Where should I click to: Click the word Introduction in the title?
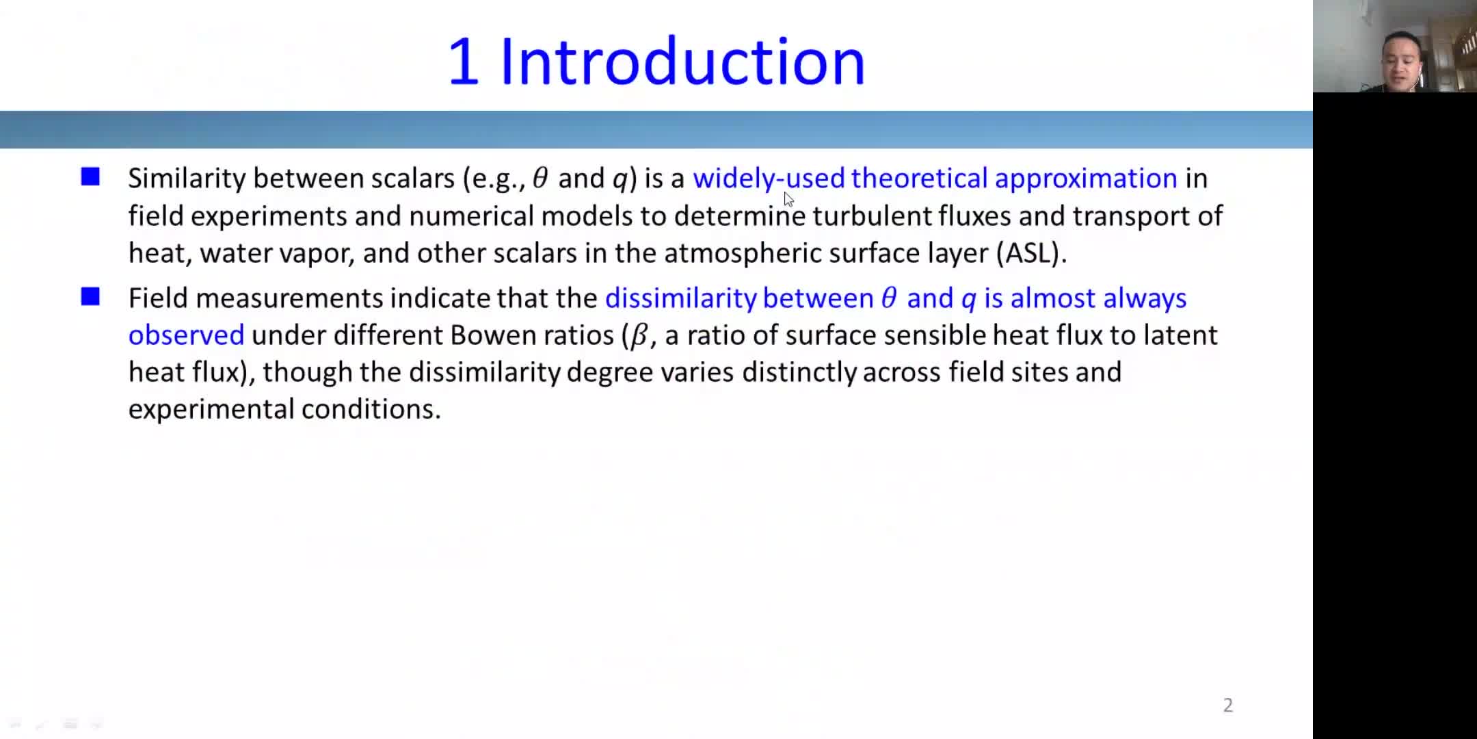(x=682, y=62)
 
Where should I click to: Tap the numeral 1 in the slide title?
(x=463, y=62)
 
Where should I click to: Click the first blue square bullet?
(x=90, y=177)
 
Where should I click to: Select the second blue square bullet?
(x=90, y=296)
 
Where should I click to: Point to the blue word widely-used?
(x=769, y=179)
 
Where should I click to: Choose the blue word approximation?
(x=1086, y=179)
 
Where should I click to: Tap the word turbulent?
(x=872, y=216)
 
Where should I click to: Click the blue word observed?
(x=186, y=335)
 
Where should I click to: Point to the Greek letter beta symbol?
(x=639, y=336)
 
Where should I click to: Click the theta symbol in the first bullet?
(x=540, y=178)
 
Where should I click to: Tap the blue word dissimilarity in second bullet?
(x=680, y=298)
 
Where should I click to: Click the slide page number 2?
(x=1228, y=705)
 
